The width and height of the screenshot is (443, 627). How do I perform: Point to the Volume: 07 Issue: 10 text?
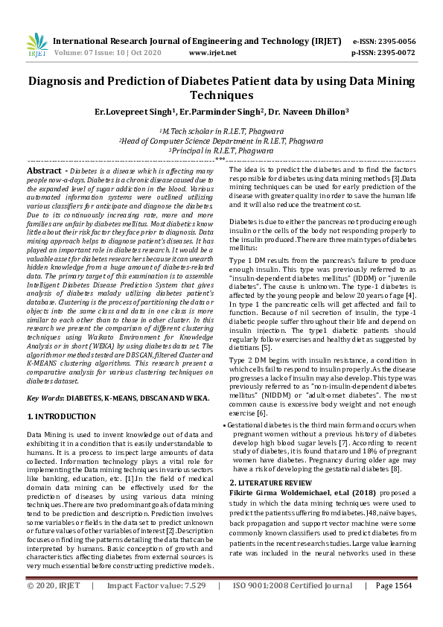pyautogui.click(x=86, y=54)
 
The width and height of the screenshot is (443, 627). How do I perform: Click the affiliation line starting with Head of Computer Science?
pyautogui.click(x=221, y=139)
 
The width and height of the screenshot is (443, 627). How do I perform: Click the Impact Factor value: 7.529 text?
pyautogui.click(x=156, y=606)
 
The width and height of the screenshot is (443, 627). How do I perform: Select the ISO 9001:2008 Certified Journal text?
pyautogui.click(x=293, y=606)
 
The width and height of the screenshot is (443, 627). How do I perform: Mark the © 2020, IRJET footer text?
pyautogui.click(x=54, y=606)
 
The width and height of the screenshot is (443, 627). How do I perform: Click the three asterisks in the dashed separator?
pyautogui.click(x=221, y=159)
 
